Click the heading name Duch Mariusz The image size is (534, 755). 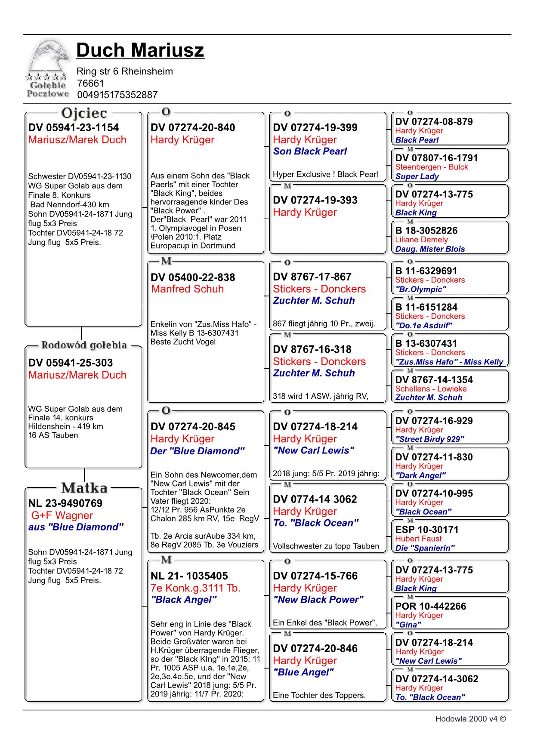[x=140, y=50]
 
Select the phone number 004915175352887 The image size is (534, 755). [x=117, y=95]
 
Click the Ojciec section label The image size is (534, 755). [x=84, y=113]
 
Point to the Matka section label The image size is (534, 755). [x=84, y=488]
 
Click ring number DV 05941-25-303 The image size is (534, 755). [x=71, y=363]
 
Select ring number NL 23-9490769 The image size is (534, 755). [x=65, y=503]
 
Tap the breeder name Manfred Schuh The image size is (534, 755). [x=187, y=289]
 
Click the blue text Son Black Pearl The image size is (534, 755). [x=310, y=151]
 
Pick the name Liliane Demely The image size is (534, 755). [x=421, y=240]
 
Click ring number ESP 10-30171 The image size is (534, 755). [x=427, y=530]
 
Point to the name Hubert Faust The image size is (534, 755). [x=418, y=539]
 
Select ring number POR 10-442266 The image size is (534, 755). [x=430, y=606]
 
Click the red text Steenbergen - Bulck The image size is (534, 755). [x=432, y=167]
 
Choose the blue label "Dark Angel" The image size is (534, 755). [x=420, y=475]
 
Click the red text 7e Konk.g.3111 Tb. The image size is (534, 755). [x=195, y=588]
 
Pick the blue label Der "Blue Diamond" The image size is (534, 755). [x=198, y=451]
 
